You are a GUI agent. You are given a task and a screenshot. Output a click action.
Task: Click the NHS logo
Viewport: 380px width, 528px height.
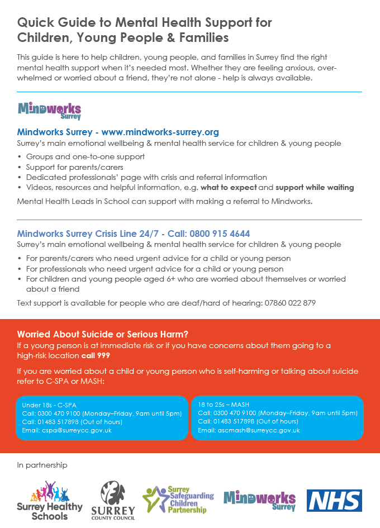point(334,500)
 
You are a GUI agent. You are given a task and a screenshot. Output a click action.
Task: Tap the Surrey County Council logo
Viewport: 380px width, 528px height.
point(117,501)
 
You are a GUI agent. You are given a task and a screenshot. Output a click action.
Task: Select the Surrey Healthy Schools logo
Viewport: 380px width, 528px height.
point(50,500)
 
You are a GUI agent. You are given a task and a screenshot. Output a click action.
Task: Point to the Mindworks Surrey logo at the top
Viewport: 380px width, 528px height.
point(49,111)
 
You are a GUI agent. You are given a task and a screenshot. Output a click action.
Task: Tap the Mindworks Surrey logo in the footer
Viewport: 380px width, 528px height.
point(259,500)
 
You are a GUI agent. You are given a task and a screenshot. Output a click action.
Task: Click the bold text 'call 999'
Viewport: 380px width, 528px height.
point(95,355)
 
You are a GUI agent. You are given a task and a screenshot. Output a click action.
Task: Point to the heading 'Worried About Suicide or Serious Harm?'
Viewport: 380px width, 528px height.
point(103,334)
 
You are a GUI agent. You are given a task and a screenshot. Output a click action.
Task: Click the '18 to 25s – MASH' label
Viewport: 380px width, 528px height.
point(224,404)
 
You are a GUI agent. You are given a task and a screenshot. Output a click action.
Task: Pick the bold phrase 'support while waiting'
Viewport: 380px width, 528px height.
point(315,187)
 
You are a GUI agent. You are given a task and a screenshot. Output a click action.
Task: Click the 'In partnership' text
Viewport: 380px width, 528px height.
point(42,465)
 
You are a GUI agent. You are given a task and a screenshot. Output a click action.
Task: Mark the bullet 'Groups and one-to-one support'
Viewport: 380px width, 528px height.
point(85,157)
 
